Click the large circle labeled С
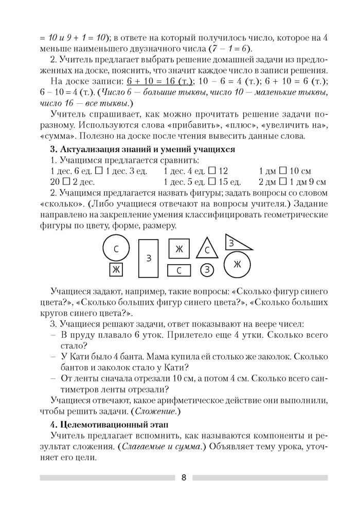point(116,248)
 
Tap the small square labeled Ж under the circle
point(116,269)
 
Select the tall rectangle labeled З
point(149,258)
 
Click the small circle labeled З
point(207,269)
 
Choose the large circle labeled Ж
point(237,265)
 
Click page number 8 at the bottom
point(184,477)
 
